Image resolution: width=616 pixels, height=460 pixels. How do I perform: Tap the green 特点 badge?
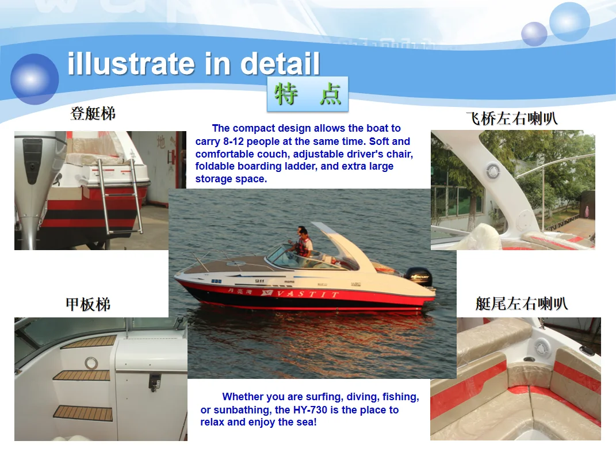point(308,94)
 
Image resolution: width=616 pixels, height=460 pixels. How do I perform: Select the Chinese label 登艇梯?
point(93,113)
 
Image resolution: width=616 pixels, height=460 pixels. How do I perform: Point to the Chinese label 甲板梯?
point(88,304)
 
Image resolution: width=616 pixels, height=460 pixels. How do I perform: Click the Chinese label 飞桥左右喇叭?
point(511,119)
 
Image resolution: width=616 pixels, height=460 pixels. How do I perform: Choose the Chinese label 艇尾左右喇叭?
point(521,303)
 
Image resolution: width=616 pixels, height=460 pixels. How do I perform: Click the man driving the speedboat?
point(303,241)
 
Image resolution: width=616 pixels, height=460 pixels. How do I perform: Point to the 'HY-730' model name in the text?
point(314,410)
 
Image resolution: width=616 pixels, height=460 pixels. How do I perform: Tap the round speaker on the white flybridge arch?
point(492,170)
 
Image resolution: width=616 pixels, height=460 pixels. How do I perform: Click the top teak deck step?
point(89,342)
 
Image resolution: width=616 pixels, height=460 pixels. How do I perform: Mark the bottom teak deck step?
point(83,412)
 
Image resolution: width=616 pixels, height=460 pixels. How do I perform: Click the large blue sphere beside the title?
point(35,79)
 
